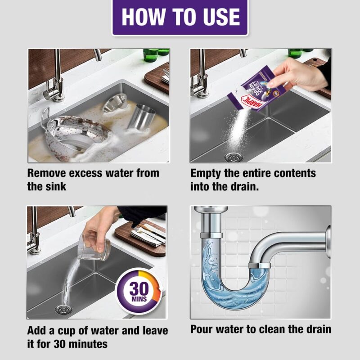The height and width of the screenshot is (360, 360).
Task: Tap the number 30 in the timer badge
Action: (x=138, y=288)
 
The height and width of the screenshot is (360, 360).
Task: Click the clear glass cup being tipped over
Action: (x=94, y=247)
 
